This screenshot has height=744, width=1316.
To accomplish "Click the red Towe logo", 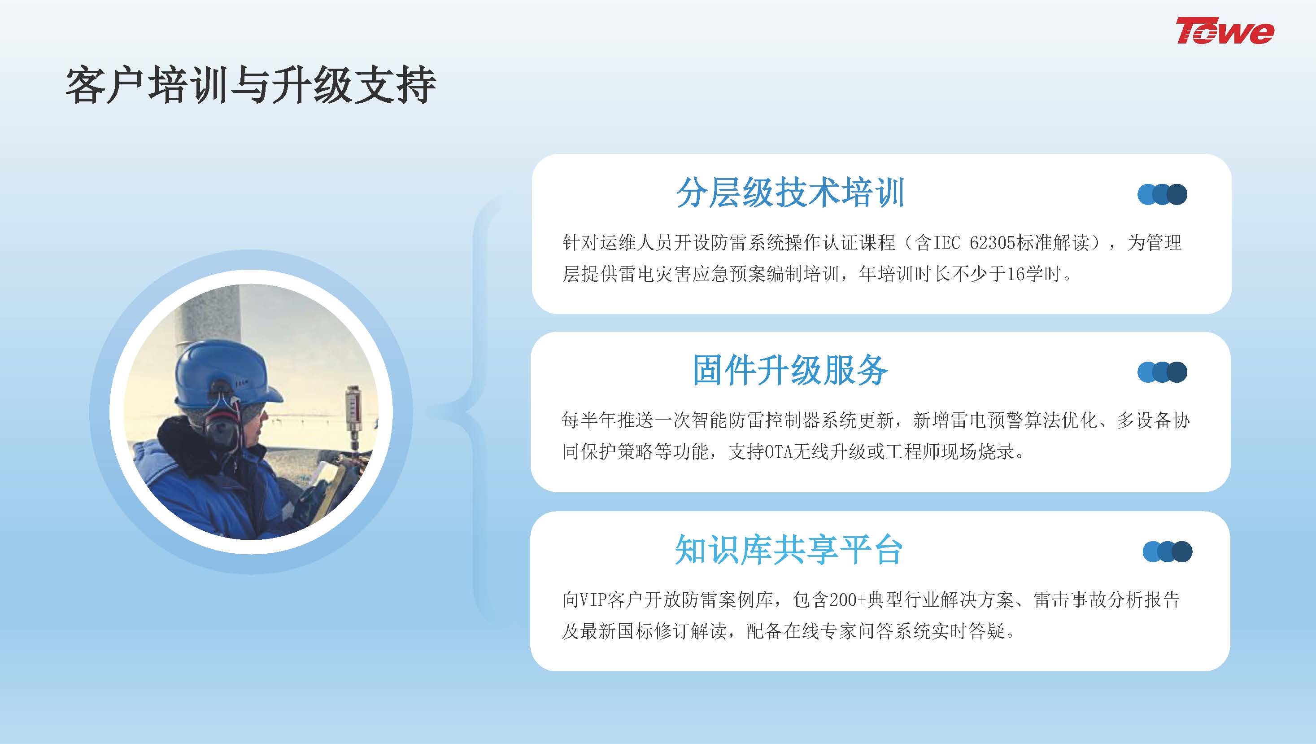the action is [x=1225, y=31].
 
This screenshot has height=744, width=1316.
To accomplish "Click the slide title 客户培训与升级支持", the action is [x=251, y=85].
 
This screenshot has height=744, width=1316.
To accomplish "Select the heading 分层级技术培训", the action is [x=790, y=193].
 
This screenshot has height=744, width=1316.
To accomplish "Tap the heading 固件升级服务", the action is [x=790, y=370].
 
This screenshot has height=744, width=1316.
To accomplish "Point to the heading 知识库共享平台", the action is [x=789, y=550].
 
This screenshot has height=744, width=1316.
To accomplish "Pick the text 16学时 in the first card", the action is [x=1033, y=274].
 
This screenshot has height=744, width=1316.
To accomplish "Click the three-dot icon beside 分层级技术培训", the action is [x=1162, y=194].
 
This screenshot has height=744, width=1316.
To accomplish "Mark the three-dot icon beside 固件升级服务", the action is [x=1162, y=372].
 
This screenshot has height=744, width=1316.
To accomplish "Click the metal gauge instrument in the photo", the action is [x=353, y=414].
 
